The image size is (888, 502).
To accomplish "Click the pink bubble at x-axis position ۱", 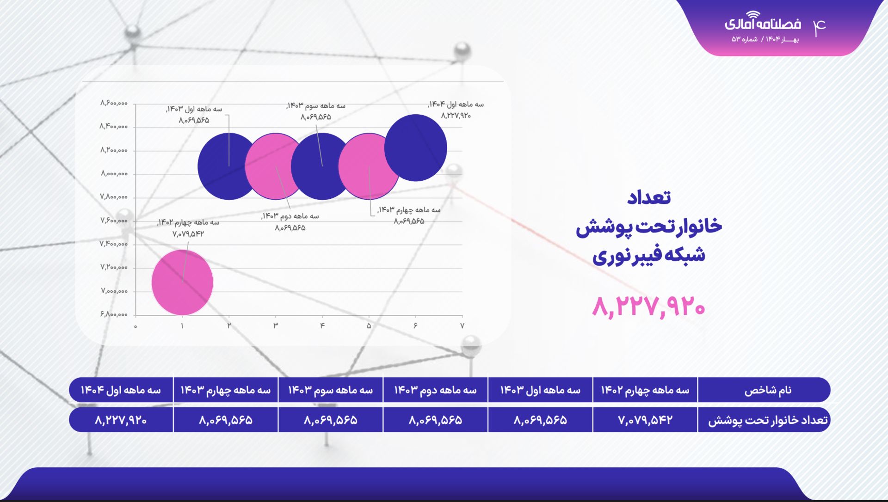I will click(x=182, y=282).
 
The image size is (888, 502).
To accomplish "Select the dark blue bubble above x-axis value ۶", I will click(x=416, y=147).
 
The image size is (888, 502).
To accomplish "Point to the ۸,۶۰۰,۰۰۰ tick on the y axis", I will click(x=114, y=103).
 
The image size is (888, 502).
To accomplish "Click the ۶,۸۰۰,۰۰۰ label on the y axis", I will click(x=114, y=314).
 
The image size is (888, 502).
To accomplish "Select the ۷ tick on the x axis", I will click(x=462, y=326).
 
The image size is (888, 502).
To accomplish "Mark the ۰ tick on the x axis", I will click(x=136, y=326).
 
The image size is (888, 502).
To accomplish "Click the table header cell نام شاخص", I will click(x=768, y=390).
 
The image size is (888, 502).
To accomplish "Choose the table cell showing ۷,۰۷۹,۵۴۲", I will click(x=645, y=420).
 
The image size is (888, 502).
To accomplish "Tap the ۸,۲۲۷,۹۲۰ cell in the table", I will click(x=121, y=420).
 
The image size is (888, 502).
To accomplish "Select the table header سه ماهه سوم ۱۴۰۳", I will click(x=330, y=390).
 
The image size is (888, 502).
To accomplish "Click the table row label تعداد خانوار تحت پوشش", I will click(x=768, y=420).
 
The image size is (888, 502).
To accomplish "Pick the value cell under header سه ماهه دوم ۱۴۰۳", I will click(x=435, y=420).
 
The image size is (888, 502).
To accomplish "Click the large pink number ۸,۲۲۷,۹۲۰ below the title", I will click(x=648, y=306).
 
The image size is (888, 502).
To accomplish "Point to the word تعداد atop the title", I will click(x=649, y=197).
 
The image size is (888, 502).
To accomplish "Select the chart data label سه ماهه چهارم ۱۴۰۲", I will click(x=188, y=223).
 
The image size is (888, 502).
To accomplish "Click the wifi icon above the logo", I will click(x=752, y=15).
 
